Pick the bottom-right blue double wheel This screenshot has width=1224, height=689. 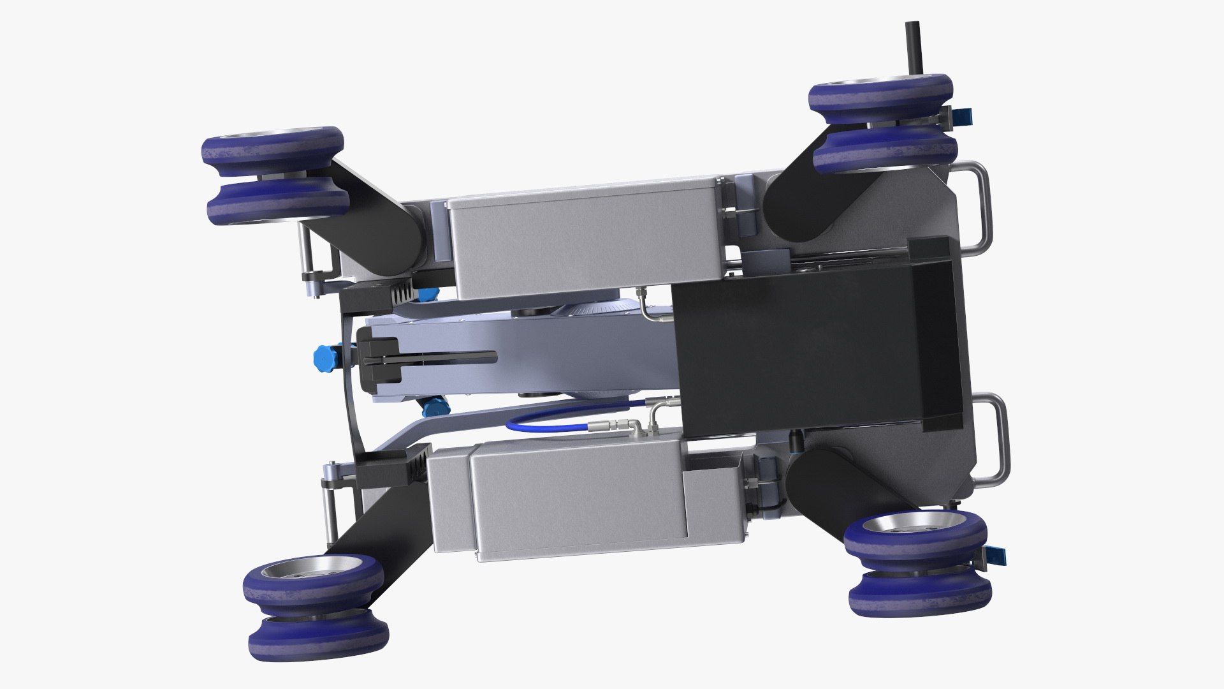(918, 565)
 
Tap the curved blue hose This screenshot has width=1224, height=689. (548, 420)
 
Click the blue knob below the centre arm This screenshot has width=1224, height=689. (434, 404)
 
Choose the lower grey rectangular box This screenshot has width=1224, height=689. (577, 504)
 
